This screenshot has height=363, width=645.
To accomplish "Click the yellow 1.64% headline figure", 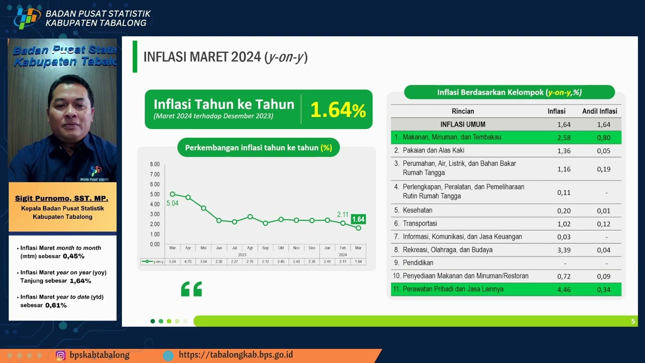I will (338, 110).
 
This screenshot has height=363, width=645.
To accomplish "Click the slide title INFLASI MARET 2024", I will (225, 57).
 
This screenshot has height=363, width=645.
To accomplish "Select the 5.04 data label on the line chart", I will (172, 204).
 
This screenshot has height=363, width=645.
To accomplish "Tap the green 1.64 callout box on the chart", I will (358, 219).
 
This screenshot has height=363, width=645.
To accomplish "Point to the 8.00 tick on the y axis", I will (154, 164).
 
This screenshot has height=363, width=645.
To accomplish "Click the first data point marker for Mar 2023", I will (172, 194).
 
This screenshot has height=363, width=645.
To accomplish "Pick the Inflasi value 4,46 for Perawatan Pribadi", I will (564, 289).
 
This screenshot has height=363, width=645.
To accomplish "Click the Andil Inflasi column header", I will (599, 111).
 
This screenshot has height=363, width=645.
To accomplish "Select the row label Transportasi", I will (420, 223).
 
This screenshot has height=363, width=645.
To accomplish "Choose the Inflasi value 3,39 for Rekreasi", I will (564, 250).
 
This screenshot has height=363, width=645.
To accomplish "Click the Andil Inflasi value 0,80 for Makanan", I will (603, 138).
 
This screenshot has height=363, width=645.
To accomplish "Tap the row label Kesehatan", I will (417, 210).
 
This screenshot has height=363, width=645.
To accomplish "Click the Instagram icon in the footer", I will (60, 355).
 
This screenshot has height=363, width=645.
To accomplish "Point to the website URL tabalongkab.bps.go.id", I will (235, 355).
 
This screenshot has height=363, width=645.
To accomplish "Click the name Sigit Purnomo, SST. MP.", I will (61, 198).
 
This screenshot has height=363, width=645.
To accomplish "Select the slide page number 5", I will (633, 321).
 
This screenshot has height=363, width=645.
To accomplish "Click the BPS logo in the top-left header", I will (27, 18).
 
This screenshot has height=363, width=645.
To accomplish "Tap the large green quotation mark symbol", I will (191, 289).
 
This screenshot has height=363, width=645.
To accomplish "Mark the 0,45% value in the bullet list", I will (74, 256).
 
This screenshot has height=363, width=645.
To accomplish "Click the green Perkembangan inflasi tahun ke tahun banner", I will (258, 148).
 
